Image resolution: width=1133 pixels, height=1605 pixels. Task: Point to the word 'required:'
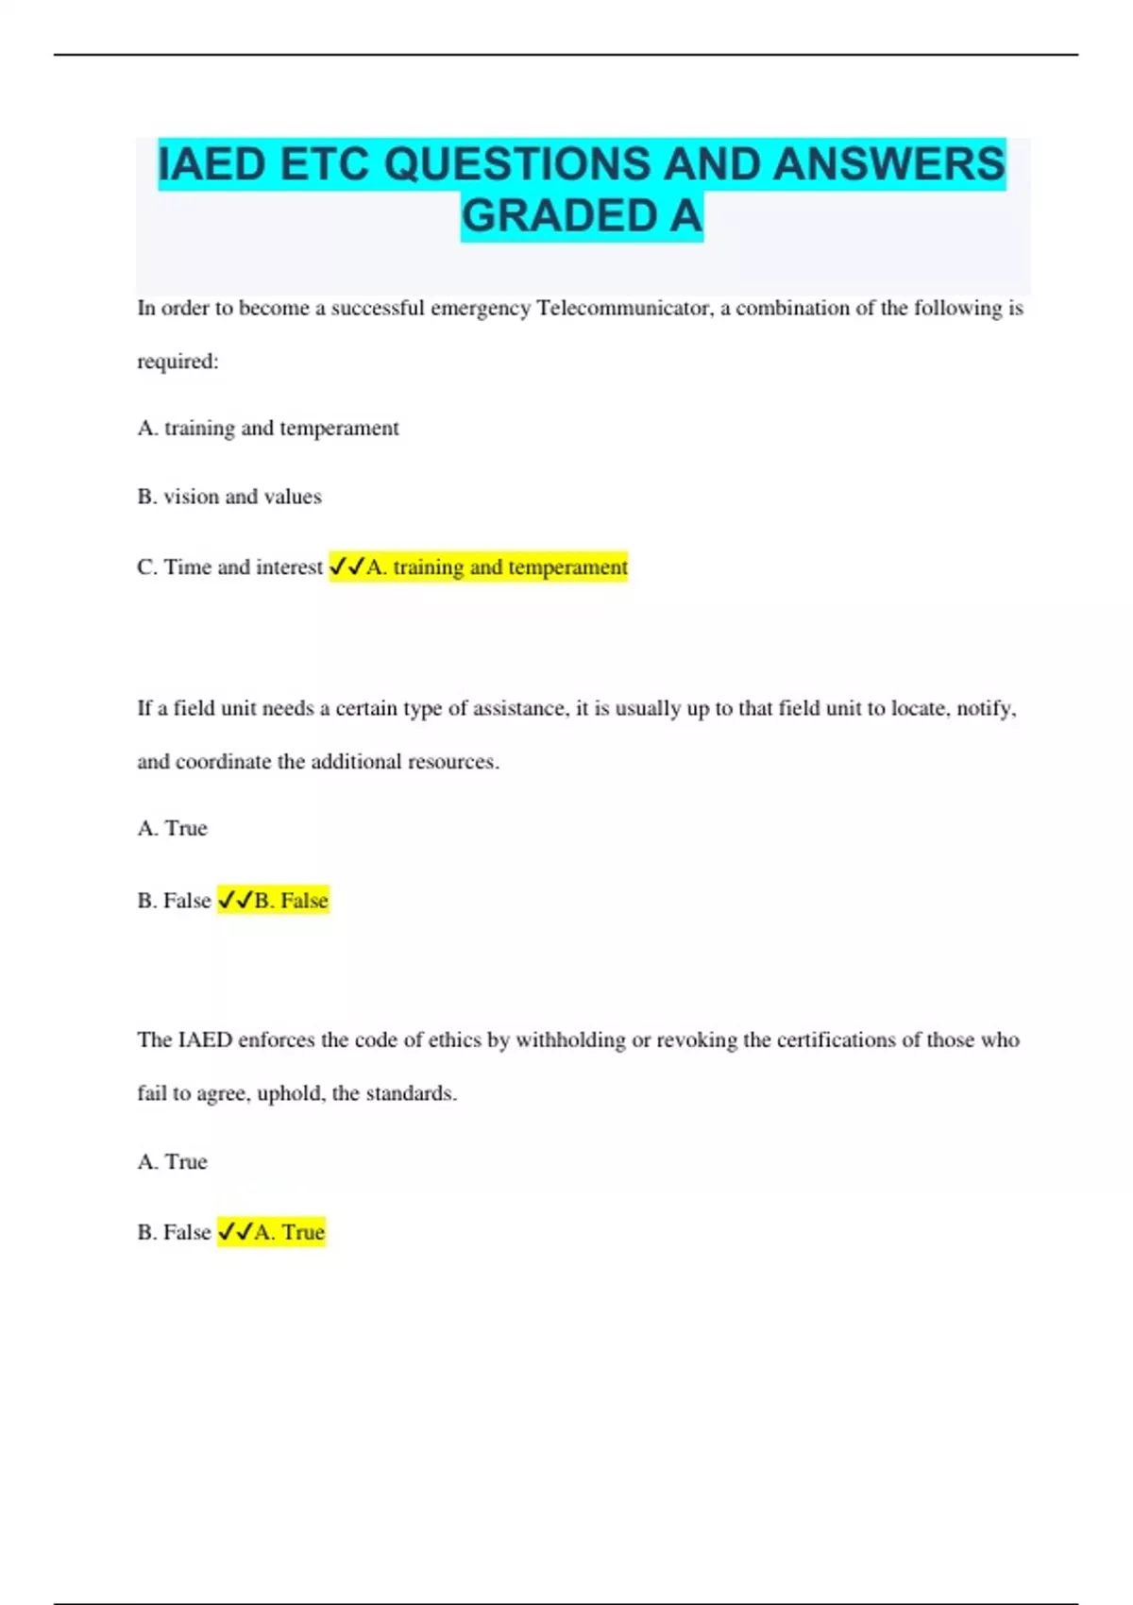click(178, 362)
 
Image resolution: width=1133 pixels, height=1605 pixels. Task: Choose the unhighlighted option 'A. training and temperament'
click(268, 429)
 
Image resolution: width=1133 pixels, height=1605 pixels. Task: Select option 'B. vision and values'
click(229, 497)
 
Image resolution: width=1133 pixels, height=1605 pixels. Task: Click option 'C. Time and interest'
click(229, 567)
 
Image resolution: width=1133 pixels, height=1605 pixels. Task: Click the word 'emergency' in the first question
click(480, 309)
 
